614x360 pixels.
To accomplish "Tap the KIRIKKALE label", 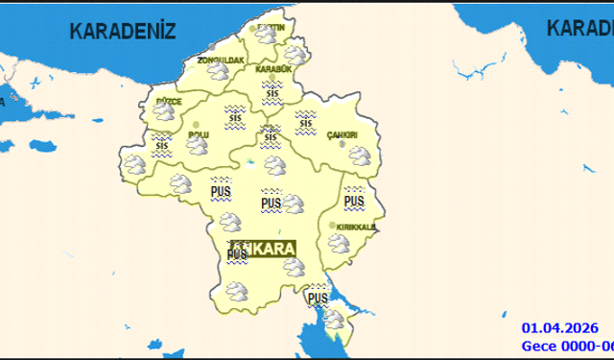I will click(x=356, y=227).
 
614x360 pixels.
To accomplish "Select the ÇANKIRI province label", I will click(x=342, y=134).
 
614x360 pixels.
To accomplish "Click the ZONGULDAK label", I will click(x=221, y=60).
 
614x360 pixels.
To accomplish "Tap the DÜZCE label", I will click(x=168, y=101).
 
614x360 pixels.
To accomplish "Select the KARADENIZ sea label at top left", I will click(x=123, y=31).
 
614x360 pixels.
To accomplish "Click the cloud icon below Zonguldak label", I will click(x=220, y=73).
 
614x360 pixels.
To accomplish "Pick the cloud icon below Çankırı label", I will click(x=359, y=155).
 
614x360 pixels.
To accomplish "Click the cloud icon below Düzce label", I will click(x=164, y=114).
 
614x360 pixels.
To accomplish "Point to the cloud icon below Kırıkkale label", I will click(x=339, y=242).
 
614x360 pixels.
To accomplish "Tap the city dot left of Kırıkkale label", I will click(x=332, y=226).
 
